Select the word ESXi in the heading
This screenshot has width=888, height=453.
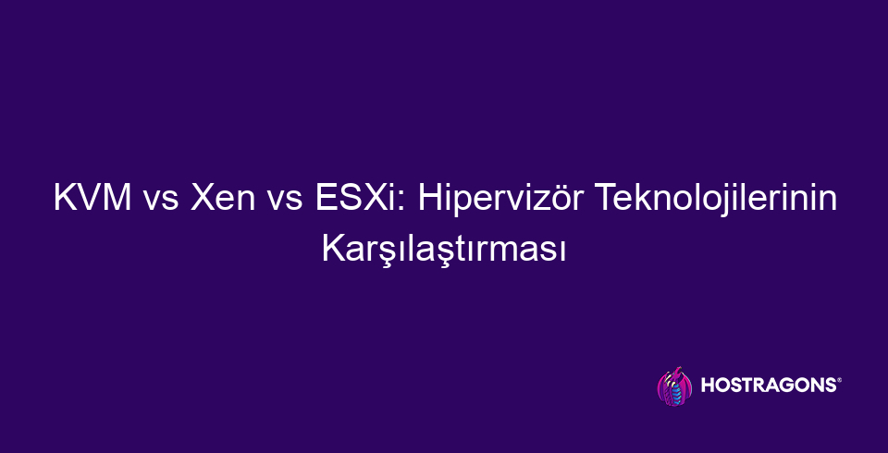(357, 199)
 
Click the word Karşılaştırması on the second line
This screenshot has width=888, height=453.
(444, 248)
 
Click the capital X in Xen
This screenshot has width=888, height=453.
(199, 199)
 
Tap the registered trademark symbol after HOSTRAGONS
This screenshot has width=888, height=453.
(838, 379)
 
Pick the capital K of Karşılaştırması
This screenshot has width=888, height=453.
(331, 248)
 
